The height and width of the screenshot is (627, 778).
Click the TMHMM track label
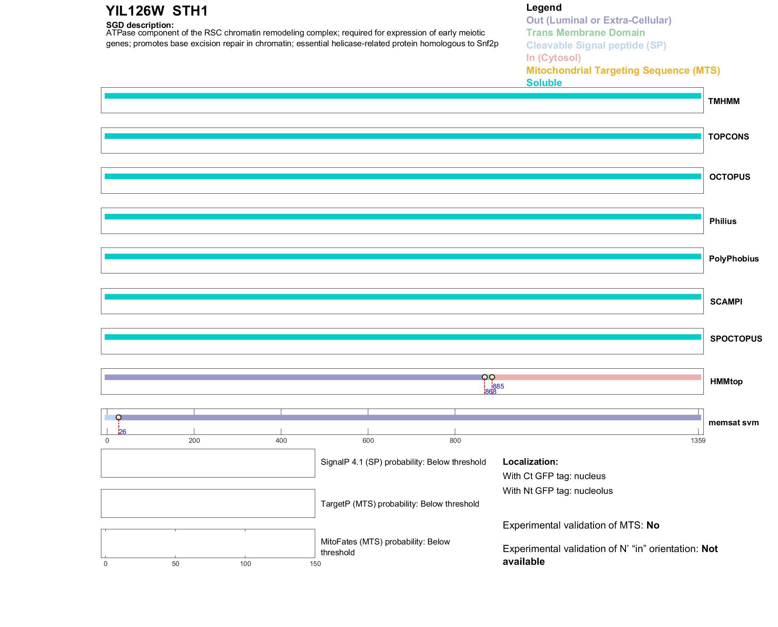[x=723, y=101]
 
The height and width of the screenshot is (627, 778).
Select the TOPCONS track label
[x=728, y=137]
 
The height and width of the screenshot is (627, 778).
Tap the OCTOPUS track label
[x=729, y=177]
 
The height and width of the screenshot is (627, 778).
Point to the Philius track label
[x=723, y=221]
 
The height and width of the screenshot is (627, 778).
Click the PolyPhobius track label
[x=733, y=259]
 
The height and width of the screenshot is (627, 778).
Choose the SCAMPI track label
[x=726, y=302]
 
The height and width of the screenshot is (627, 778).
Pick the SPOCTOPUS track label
[x=736, y=339]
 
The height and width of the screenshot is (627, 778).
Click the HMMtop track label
[x=726, y=381]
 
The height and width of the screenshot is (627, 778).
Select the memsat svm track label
[x=733, y=423]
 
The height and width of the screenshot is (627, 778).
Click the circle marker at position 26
[x=118, y=417]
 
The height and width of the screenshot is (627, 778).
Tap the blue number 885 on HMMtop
[x=499, y=386]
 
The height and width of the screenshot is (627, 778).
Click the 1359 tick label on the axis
[x=698, y=440]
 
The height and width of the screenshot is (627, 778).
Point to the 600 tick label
[x=368, y=440]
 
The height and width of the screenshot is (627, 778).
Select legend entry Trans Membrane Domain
[x=585, y=33]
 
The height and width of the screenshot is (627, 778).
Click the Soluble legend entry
[x=544, y=83]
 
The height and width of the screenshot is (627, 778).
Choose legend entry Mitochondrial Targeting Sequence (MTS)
[x=623, y=71]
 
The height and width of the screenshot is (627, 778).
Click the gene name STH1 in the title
[x=190, y=11]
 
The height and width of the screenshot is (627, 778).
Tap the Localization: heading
[x=530, y=462]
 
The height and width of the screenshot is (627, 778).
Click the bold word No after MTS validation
[x=653, y=525]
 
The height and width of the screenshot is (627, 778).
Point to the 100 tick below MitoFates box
[x=245, y=564]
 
